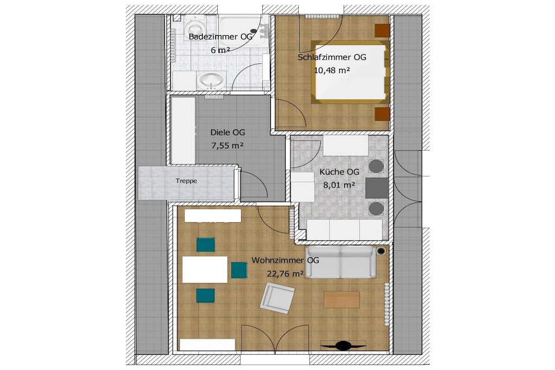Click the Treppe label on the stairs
pyautogui.click(x=186, y=181)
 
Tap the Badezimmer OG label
pyautogui.click(x=221, y=37)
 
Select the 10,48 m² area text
pyautogui.click(x=332, y=70)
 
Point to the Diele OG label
pyautogui.click(x=228, y=133)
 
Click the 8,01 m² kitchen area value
pyautogui.click(x=339, y=185)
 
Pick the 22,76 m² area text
pyautogui.click(x=285, y=274)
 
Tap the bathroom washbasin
pyautogui.click(x=211, y=81)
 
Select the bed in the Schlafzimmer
pyautogui.click(x=350, y=72)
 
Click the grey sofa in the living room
pyautogui.click(x=340, y=262)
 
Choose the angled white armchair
pyautogui.click(x=277, y=298)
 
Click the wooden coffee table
pyautogui.click(x=341, y=299)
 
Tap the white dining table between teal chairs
pyautogui.click(x=204, y=270)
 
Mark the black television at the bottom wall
pyautogui.click(x=343, y=345)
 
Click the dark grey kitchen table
pyautogui.click(x=377, y=188)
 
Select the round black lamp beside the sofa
pyautogui.click(x=381, y=251)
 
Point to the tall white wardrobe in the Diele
pyautogui.click(x=183, y=131)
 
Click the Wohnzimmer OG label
pyautogui.click(x=285, y=261)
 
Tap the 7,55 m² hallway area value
pyautogui.click(x=228, y=145)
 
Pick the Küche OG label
pyautogui.click(x=339, y=172)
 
